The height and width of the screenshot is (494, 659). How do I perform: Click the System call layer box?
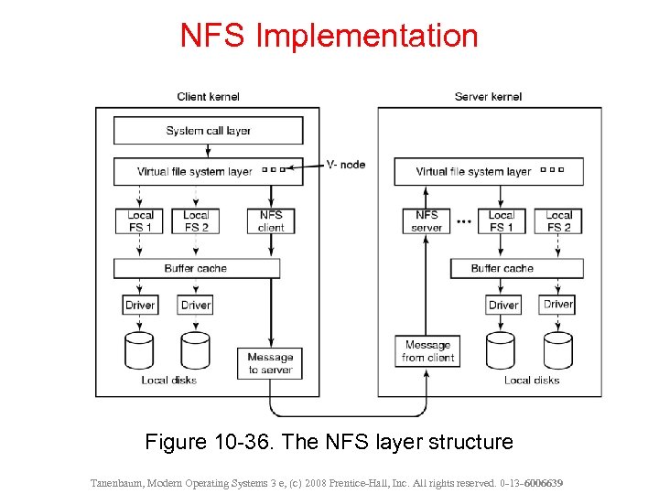tap(208, 131)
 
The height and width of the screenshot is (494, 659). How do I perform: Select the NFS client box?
tap(271, 221)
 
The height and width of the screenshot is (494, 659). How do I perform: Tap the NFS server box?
tap(427, 221)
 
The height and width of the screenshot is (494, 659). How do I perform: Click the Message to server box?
tap(270, 363)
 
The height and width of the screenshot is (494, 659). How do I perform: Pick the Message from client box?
tap(427, 351)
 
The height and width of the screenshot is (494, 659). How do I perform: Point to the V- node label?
tap(345, 165)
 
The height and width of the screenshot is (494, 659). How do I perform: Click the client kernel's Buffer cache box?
tap(196, 269)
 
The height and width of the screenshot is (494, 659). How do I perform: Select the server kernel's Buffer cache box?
tap(516, 269)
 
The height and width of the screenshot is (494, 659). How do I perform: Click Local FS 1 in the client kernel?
tap(140, 221)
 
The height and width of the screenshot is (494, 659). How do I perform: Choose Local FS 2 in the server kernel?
tap(558, 221)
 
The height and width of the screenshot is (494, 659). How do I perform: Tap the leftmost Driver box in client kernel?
tap(140, 306)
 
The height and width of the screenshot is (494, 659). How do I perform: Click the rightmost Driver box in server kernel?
tap(557, 305)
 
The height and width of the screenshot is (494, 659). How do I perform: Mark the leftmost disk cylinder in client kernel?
tap(140, 350)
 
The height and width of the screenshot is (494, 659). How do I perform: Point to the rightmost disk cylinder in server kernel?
tap(557, 350)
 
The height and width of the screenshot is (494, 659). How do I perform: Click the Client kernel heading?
tap(209, 97)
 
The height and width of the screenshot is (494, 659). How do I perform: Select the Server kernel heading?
tap(488, 97)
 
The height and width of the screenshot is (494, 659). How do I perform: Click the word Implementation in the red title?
tap(366, 37)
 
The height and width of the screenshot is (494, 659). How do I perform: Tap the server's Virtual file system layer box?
tap(489, 171)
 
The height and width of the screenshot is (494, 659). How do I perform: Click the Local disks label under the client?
tap(168, 381)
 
